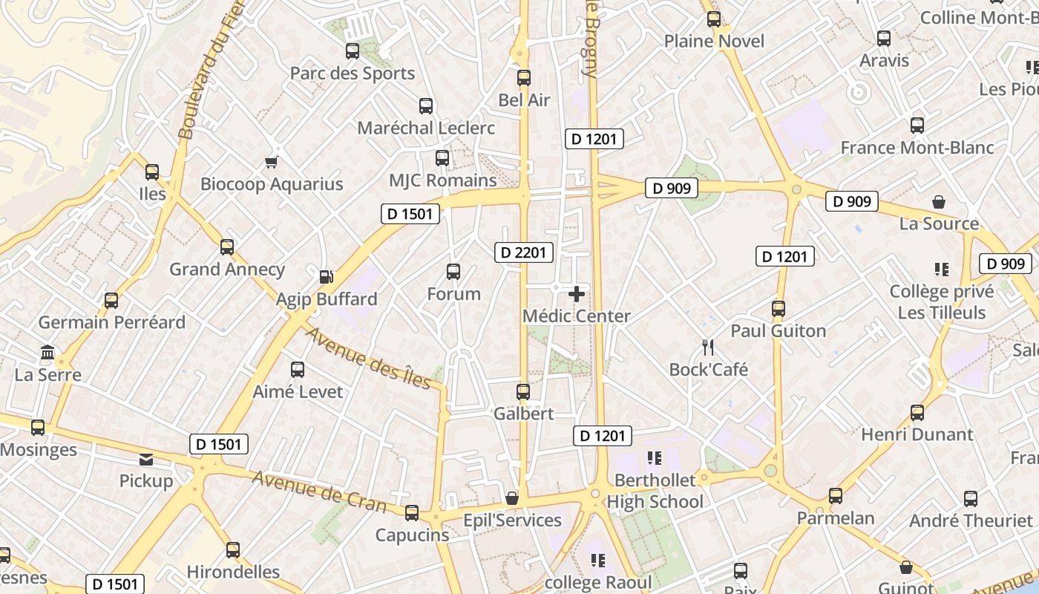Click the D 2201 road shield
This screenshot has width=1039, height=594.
pos(523,252)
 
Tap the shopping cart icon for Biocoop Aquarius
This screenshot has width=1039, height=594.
pos(272,162)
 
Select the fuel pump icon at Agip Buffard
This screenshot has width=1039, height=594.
pos(326,277)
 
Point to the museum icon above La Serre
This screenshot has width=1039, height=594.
pos(47,352)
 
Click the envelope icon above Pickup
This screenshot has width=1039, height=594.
pos(146,460)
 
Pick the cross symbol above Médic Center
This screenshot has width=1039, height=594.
pos(577,294)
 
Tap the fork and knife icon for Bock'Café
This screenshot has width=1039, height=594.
pos(708,347)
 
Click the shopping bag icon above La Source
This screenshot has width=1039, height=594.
pos(939,201)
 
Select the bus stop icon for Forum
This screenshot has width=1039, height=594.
pos(453,272)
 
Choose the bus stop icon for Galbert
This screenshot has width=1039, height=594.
pos(523,391)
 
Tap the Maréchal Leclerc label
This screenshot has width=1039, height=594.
pos(426,128)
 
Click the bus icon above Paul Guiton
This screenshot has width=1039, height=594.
pos(779,308)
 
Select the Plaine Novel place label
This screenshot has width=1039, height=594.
pos(714,41)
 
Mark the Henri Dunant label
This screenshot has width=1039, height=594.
pos(917,434)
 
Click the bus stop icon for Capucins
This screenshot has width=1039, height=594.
pos(412,513)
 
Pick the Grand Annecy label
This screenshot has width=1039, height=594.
pos(227,269)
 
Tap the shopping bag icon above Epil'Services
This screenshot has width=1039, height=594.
pos(511,497)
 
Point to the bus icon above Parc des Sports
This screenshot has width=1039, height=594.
pos(353,51)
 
